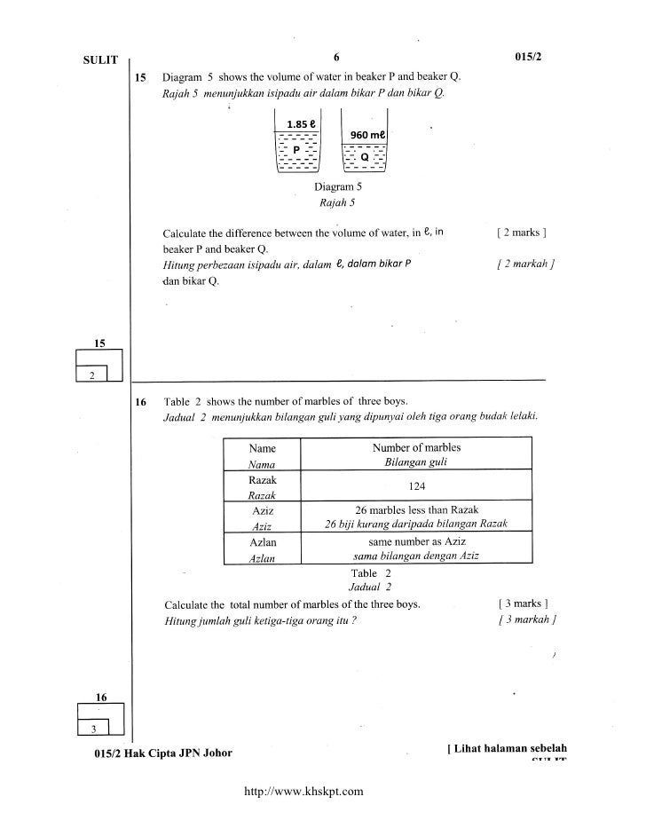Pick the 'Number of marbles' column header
point(416,448)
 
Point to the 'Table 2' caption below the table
point(365,572)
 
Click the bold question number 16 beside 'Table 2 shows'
point(140,402)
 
